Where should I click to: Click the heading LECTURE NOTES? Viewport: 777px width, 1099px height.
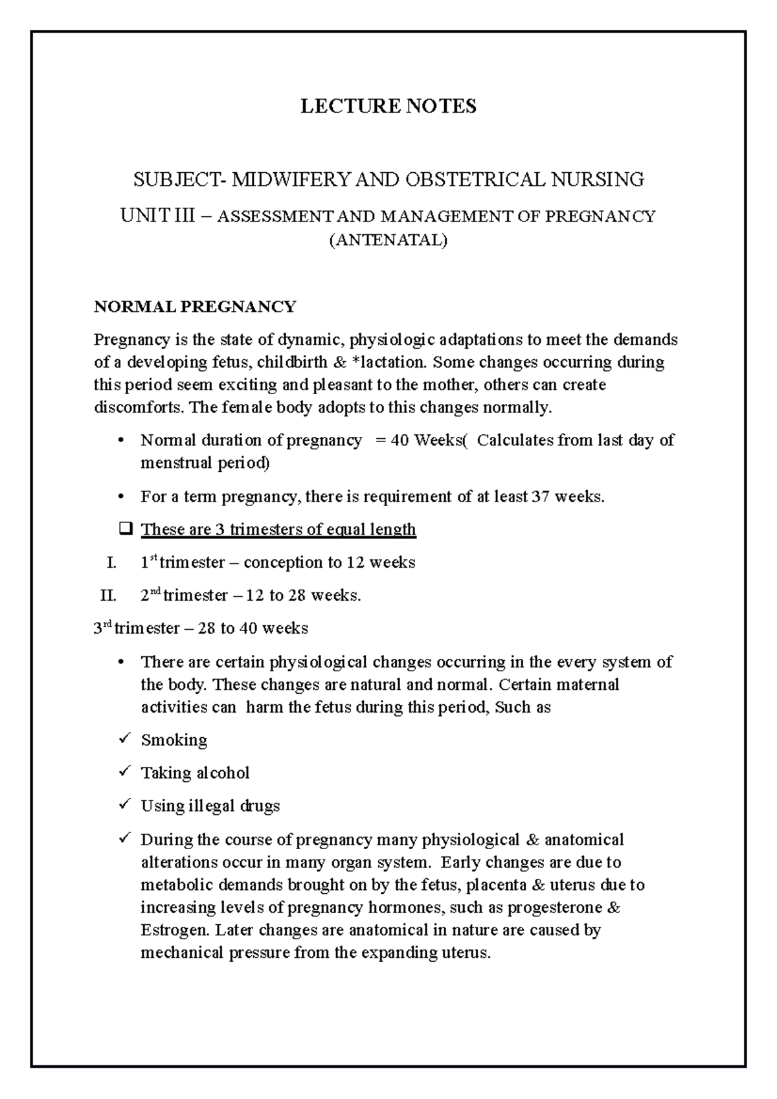tap(388, 106)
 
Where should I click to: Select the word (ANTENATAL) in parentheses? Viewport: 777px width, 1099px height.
tap(388, 241)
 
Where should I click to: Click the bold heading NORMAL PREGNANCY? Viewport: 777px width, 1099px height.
tap(195, 306)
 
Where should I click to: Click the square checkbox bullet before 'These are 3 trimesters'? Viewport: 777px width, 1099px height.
tap(125, 529)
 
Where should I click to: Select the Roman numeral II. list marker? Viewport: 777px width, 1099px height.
tap(107, 595)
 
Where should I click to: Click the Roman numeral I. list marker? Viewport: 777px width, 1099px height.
tap(111, 562)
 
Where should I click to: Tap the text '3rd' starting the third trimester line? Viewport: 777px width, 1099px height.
tap(103, 628)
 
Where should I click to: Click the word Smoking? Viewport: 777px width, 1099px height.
tap(174, 740)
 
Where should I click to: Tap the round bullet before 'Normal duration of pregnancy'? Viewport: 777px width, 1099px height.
tap(122, 441)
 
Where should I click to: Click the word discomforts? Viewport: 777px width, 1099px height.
tap(133, 408)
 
